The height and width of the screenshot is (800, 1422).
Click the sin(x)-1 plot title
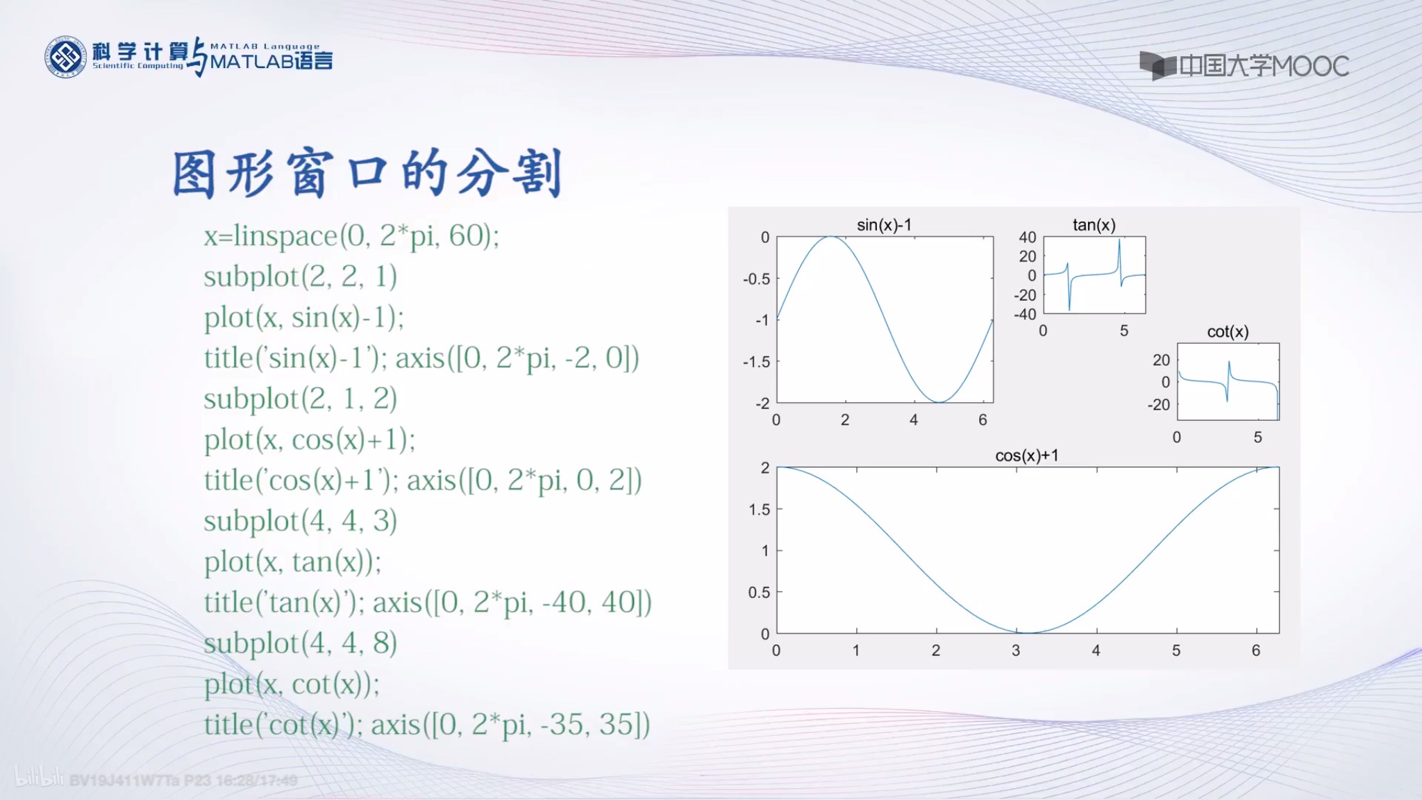884,225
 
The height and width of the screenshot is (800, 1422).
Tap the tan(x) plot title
1094,225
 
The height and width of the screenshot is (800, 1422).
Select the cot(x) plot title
1228,332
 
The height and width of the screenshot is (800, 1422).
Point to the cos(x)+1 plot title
1026,456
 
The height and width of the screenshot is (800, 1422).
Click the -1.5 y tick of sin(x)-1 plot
756,362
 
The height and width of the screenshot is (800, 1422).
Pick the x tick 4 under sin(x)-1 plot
914,420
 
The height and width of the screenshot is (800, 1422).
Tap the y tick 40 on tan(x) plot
1027,237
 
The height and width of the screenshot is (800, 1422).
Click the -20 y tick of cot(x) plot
1158,405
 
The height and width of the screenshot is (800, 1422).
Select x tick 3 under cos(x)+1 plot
1016,651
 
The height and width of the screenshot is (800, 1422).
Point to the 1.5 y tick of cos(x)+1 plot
759,510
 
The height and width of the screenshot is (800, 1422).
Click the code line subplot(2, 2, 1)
300,276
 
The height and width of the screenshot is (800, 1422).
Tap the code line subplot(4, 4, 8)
300,643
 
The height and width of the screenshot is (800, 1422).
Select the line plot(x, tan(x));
292,562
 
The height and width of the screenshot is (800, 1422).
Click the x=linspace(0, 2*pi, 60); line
351,236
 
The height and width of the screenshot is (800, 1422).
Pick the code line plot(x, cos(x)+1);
310,440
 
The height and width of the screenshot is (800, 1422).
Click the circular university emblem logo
66,57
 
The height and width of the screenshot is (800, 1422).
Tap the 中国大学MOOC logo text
1262,67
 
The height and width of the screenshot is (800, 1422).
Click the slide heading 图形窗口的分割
367,174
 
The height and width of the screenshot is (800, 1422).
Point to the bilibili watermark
40,778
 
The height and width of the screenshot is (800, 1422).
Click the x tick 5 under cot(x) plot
1257,437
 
